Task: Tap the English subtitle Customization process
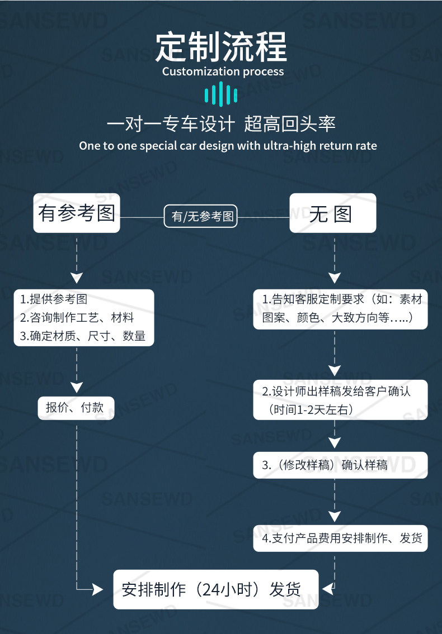[x=223, y=71]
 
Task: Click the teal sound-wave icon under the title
[x=221, y=94]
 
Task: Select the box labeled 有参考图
[x=77, y=213]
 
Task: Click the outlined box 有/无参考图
[x=201, y=216]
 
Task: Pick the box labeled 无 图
[x=332, y=213]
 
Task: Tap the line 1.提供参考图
[x=54, y=299]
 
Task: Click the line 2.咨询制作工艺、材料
[x=77, y=318]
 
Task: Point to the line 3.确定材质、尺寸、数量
[x=83, y=336]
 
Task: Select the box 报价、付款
[x=76, y=408]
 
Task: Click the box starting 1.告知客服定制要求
[x=340, y=308]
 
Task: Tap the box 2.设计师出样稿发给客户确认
[x=340, y=399]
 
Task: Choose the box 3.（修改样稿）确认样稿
[x=340, y=465]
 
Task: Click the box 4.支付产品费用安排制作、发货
[x=340, y=538]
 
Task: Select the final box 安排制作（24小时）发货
[x=215, y=589]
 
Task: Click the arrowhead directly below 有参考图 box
[x=77, y=278]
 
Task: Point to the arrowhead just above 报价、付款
[x=77, y=387]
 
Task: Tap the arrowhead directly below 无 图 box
[x=334, y=278]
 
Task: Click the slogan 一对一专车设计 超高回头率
[x=221, y=124]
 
